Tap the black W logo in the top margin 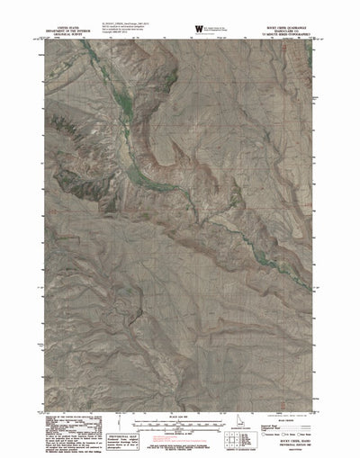[198, 30]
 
